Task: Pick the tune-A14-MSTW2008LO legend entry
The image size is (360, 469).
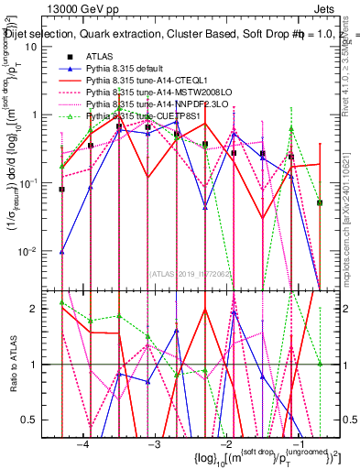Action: (156, 93)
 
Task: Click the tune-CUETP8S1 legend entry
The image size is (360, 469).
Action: (147, 116)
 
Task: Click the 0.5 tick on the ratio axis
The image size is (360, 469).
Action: (39, 420)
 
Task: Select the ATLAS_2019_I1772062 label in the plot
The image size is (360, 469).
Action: (191, 272)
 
